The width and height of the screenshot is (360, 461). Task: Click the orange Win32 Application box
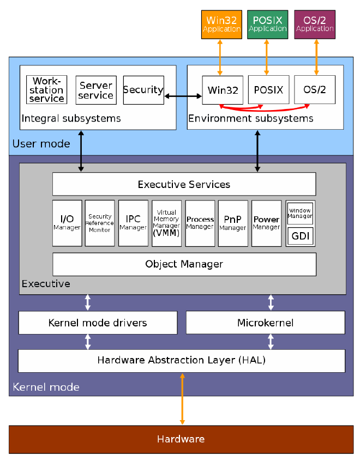point(221,25)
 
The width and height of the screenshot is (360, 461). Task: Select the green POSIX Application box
point(267,25)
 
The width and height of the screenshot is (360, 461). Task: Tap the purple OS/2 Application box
point(315,25)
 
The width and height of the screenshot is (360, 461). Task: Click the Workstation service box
point(47,90)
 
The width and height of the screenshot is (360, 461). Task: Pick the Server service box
point(96,90)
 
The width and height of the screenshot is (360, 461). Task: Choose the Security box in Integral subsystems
point(143,90)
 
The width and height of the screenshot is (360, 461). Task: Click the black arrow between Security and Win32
point(183,96)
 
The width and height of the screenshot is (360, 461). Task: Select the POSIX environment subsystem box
point(268,90)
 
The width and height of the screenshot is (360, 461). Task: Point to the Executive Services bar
point(184,184)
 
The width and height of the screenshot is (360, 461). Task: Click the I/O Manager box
point(67,223)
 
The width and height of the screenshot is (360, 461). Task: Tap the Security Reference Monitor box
point(100,223)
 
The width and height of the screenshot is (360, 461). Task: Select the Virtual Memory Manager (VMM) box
point(166,223)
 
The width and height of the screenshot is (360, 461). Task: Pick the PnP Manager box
point(233,223)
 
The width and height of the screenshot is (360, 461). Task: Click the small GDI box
point(300,236)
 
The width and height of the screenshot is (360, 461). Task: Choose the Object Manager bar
point(184,264)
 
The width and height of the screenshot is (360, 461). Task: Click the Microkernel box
point(266,323)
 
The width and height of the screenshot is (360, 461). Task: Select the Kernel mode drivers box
point(98,323)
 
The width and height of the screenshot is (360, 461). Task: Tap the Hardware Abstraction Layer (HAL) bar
point(182,360)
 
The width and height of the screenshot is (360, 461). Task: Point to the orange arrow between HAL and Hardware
point(182,398)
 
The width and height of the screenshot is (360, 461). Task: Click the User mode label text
point(41,144)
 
